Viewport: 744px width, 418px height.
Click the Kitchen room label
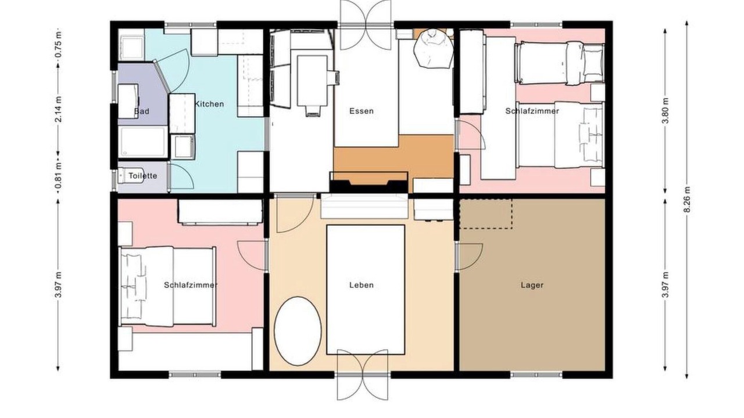pyautogui.click(x=209, y=104)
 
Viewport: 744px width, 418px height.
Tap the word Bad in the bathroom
pyautogui.click(x=141, y=111)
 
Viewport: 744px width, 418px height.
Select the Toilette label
pyautogui.click(x=143, y=175)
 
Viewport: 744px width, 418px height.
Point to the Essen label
pyautogui.click(x=362, y=111)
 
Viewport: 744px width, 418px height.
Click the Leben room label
pyautogui.click(x=362, y=284)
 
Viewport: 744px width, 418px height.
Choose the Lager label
pyautogui.click(x=532, y=284)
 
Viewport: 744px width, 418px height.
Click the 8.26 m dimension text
pyautogui.click(x=687, y=199)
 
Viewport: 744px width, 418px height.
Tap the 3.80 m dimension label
pyautogui.click(x=666, y=111)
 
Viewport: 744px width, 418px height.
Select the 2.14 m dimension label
pyautogui.click(x=58, y=109)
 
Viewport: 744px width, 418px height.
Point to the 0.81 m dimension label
pyautogui.click(x=58, y=179)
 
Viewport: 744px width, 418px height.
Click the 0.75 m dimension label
pyautogui.click(x=58, y=45)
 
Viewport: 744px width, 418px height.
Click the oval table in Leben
pyautogui.click(x=298, y=331)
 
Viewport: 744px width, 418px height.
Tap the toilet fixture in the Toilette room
pyautogui.click(x=126, y=176)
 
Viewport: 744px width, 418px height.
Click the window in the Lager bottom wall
pyautogui.click(x=536, y=375)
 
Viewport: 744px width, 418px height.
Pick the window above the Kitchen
pyautogui.click(x=190, y=24)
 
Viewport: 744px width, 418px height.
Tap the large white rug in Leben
pyautogui.click(x=366, y=290)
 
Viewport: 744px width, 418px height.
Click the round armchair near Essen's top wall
pyautogui.click(x=434, y=48)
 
